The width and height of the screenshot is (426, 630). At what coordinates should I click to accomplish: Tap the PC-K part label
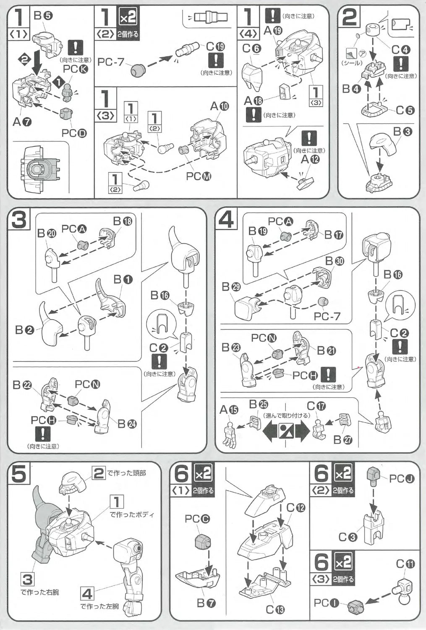point(76,68)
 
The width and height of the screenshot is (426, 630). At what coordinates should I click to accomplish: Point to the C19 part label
point(215,47)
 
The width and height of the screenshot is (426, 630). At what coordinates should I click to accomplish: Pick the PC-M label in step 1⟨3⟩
point(199,176)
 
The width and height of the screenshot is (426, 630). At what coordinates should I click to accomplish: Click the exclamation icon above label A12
point(309,138)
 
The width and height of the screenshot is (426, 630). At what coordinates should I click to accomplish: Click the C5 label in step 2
point(405,110)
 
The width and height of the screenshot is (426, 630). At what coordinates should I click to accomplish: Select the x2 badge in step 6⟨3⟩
point(343,562)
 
